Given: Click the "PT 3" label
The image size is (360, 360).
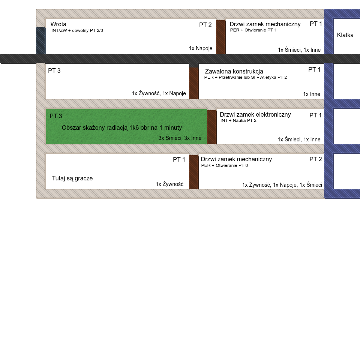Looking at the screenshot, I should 55,116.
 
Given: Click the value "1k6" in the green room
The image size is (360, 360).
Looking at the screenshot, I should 134,128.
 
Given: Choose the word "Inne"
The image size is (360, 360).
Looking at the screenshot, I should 196,138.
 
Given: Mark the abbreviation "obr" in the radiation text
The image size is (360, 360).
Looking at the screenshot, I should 145,128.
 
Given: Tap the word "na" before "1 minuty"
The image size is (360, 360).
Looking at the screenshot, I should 154,128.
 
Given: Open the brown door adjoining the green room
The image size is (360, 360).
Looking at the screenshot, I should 211,127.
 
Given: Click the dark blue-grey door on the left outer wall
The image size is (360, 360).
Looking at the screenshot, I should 40,40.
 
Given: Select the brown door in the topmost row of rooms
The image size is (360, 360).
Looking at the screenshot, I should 220,37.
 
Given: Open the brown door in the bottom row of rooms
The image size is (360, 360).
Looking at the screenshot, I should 193,172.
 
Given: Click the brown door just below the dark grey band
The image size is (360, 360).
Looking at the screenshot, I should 193,82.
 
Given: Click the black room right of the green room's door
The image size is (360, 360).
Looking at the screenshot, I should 270,126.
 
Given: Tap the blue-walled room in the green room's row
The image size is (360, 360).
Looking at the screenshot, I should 346,126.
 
